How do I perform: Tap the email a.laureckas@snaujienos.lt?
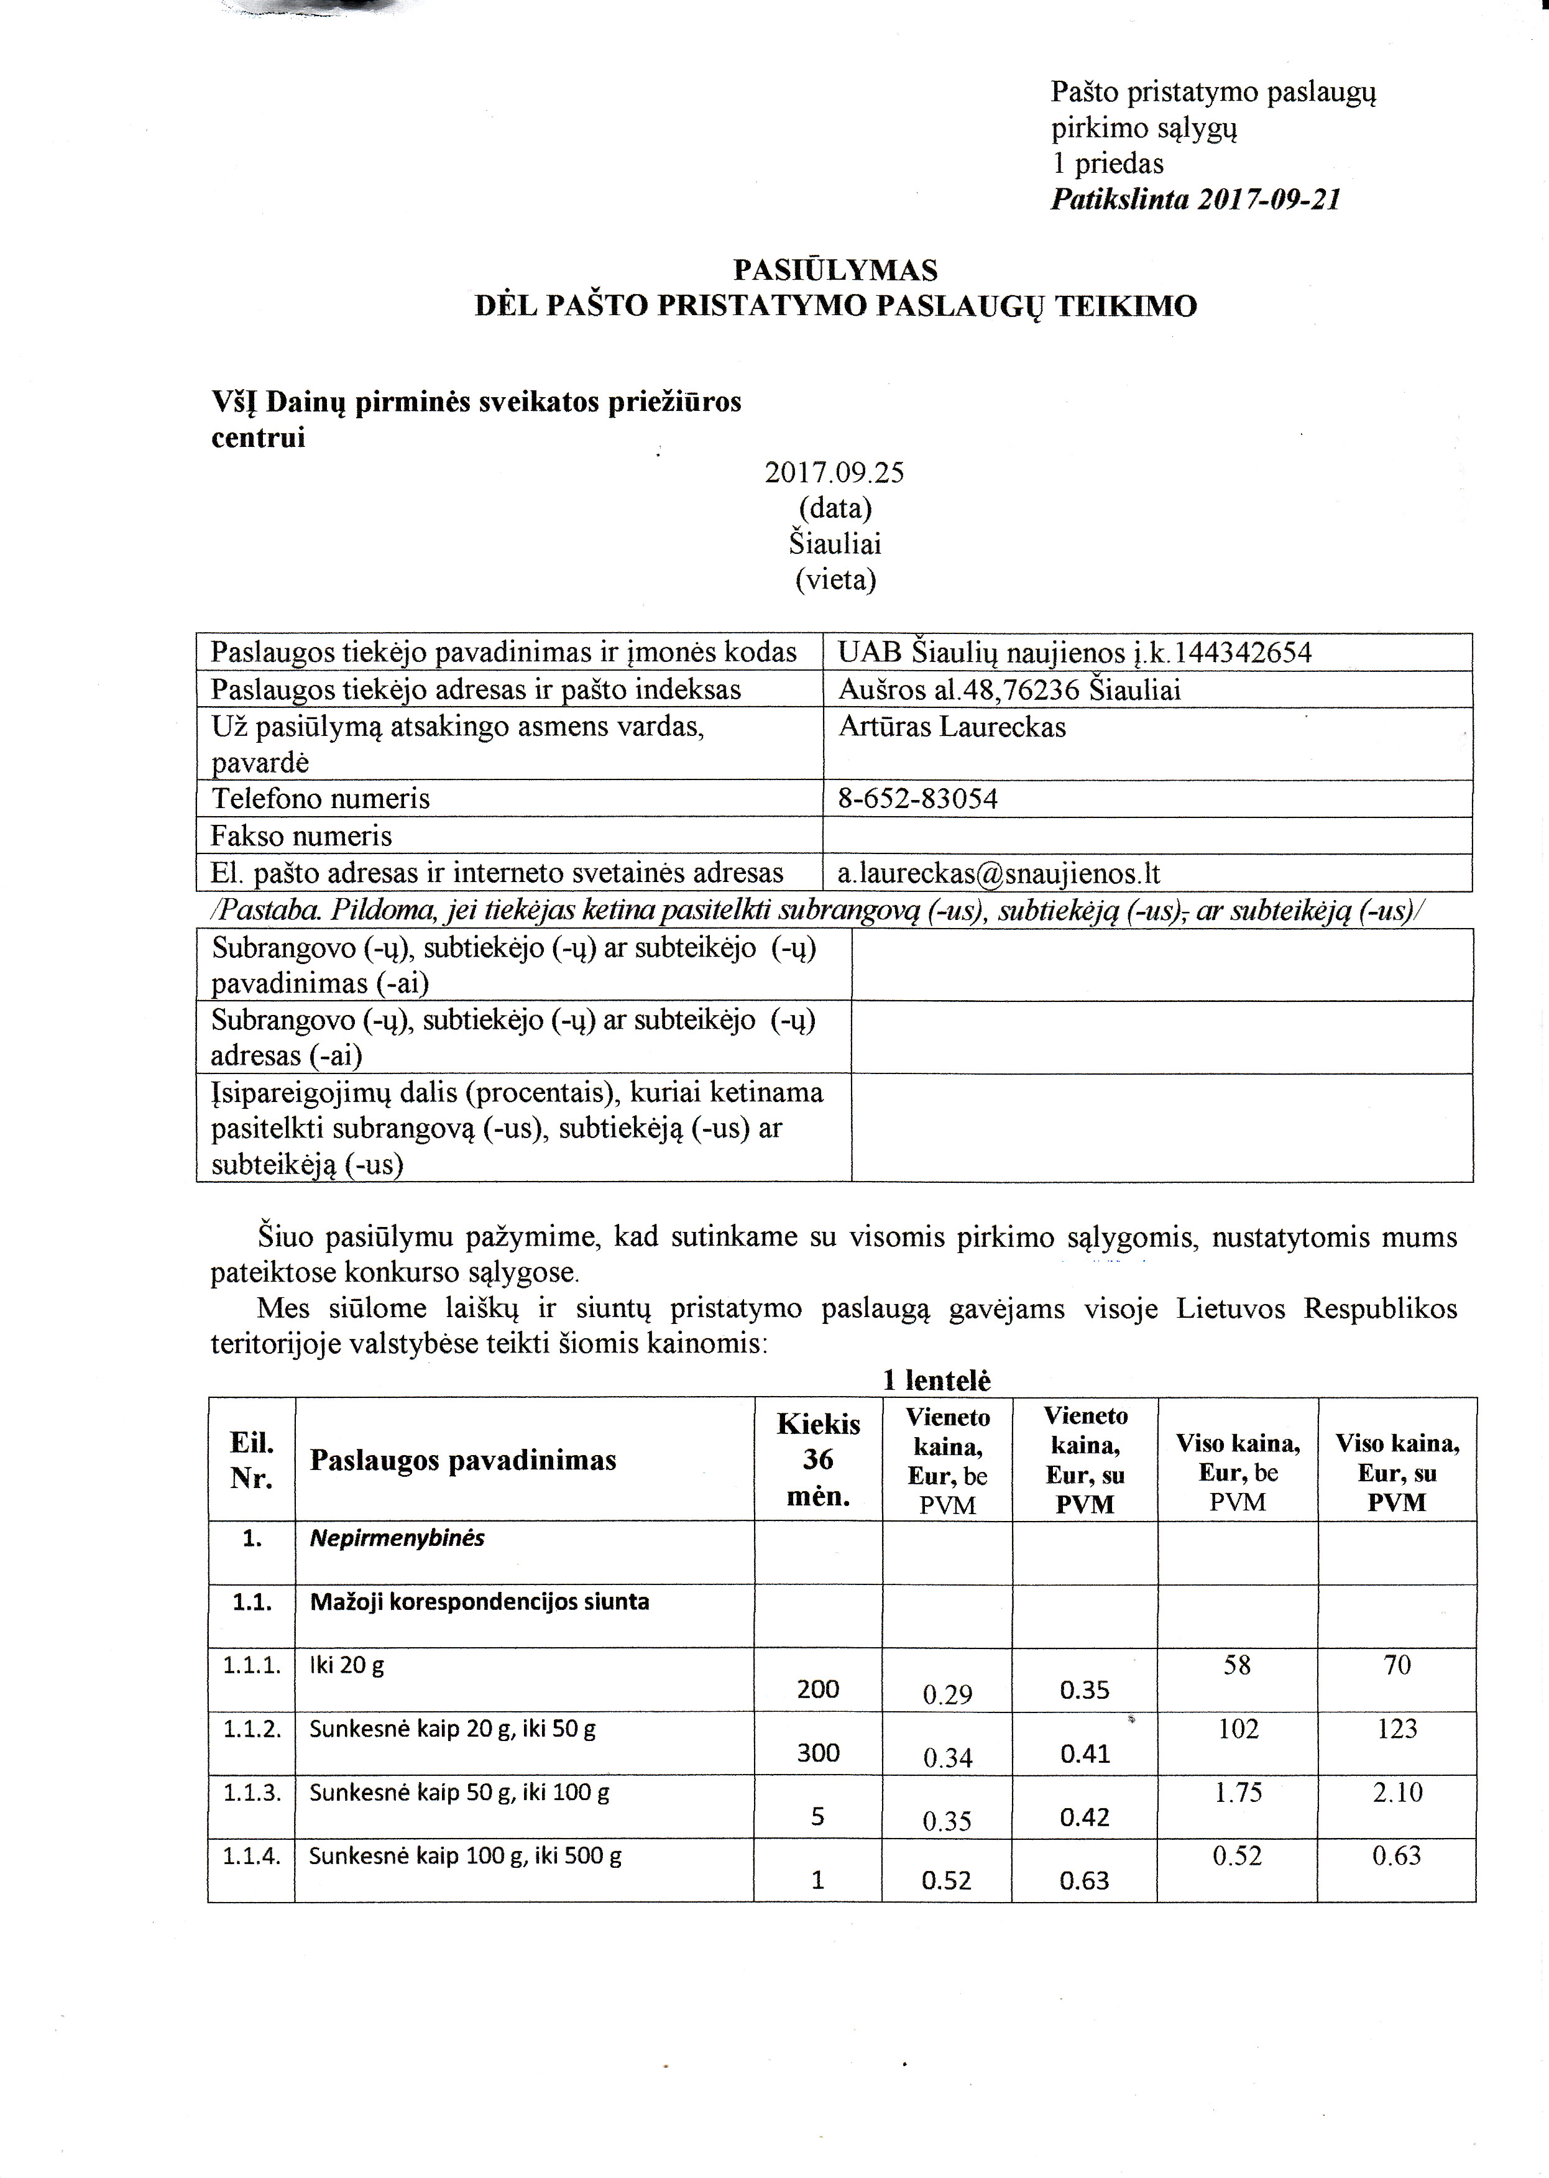(999, 873)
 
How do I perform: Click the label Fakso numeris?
(301, 836)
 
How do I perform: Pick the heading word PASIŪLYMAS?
(835, 271)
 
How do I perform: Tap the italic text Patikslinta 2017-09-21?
(1196, 200)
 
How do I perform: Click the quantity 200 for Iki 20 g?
(817, 1690)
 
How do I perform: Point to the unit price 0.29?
(947, 1694)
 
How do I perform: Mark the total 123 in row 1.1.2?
(1397, 1729)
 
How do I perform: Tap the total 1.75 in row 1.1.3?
(1238, 1793)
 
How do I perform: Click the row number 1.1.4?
(252, 1855)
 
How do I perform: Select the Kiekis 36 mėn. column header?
(819, 1460)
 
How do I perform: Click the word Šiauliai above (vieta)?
(835, 544)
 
